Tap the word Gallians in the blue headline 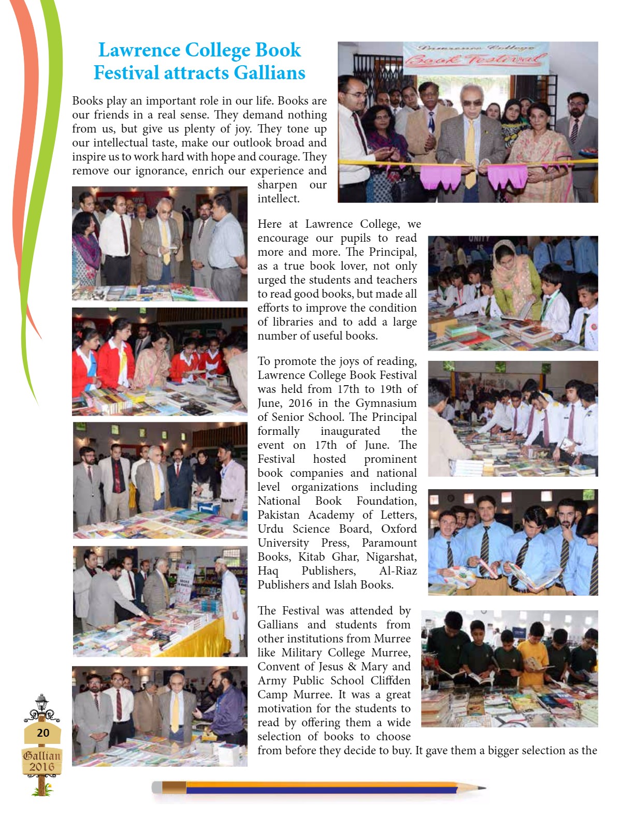[x=269, y=73]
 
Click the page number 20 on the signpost [x=43, y=733]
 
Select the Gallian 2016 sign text [x=42, y=761]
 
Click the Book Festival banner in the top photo [x=476, y=57]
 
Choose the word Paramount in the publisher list [x=389, y=543]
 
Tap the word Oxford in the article [x=399, y=529]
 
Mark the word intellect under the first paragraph [x=278, y=199]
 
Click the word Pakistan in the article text [x=279, y=515]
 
